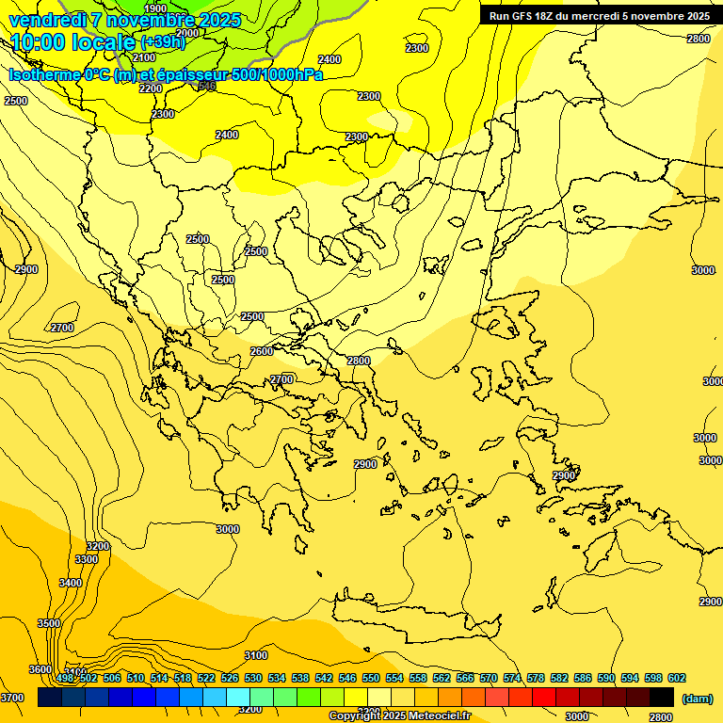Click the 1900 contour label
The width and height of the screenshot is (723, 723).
[155, 8]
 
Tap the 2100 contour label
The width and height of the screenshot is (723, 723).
[145, 57]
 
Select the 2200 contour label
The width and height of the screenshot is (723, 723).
[151, 88]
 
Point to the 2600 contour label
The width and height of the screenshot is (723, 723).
[262, 351]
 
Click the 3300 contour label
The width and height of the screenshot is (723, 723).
[87, 559]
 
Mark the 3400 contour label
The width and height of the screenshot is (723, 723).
[71, 583]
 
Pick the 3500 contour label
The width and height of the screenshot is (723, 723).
[49, 623]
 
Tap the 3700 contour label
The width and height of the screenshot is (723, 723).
[12, 698]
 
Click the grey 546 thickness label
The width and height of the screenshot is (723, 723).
[207, 86]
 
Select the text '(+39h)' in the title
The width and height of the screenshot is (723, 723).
[163, 42]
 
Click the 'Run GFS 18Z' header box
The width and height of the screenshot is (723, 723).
[600, 16]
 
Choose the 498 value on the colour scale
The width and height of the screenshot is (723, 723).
[65, 678]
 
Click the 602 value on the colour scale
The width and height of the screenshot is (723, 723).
[676, 678]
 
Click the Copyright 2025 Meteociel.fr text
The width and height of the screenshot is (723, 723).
[399, 716]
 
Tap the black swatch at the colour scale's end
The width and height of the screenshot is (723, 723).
[661, 697]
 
